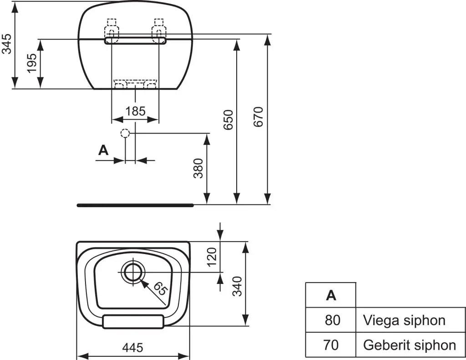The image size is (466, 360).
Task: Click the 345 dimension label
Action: coord(7,44)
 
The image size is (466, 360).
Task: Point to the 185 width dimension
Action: coord(135,111)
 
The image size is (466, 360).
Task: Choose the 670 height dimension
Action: coord(258,117)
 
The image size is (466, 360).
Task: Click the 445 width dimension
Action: coord(133,348)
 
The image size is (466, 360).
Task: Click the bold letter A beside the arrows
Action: coord(104,150)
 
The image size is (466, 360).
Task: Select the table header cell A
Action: coord(331,295)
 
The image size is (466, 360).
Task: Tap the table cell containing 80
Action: coord(331,320)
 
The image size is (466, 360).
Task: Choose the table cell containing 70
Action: coord(331,345)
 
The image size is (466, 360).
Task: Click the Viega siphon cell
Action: coord(404,320)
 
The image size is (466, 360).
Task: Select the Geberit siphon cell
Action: coord(410,345)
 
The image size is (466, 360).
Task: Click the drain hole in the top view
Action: coord(132,272)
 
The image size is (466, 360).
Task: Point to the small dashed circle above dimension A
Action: coord(125,133)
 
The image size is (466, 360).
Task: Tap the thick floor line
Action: coord(135,205)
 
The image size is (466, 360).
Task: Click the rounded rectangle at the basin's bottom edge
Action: coord(133,321)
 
